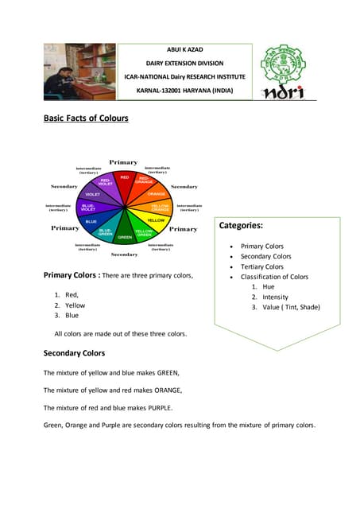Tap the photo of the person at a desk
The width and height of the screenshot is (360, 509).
coord(79,72)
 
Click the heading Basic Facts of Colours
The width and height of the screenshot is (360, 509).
coord(86,119)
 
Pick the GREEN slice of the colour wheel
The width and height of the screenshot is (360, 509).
coord(125,235)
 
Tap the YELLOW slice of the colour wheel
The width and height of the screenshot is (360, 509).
coord(155,219)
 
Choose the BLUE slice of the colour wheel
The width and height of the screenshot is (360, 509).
coord(91,220)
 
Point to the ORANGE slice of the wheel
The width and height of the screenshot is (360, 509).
coord(156,194)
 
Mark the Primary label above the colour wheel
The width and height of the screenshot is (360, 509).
coord(123,162)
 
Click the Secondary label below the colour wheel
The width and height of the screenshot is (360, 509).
coord(124,254)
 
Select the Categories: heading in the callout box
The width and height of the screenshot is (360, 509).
coord(241,226)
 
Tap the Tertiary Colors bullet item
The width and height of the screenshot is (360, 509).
coord(261,266)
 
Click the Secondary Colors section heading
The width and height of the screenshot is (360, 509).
coord(74,352)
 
